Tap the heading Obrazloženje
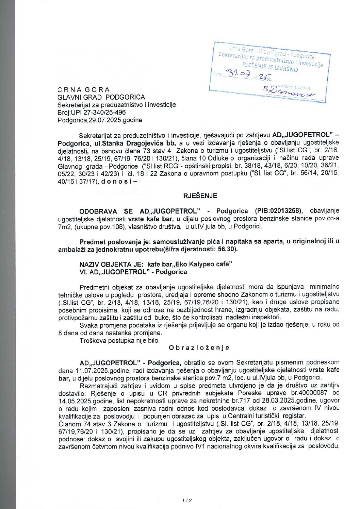coord(199,347)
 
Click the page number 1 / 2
coord(187,500)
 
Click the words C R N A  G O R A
coord(83,90)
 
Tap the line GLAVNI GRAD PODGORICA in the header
coord(101,97)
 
